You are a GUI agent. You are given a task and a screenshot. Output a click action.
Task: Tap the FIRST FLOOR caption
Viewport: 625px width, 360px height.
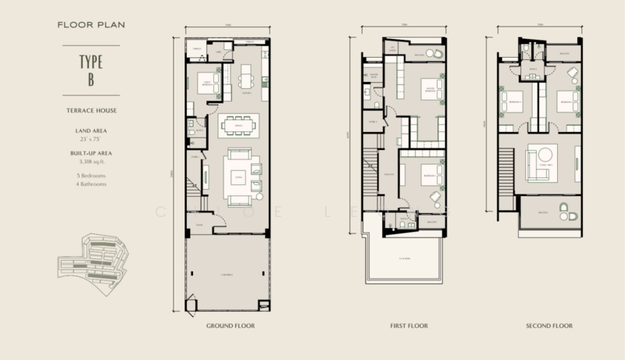(402, 324)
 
